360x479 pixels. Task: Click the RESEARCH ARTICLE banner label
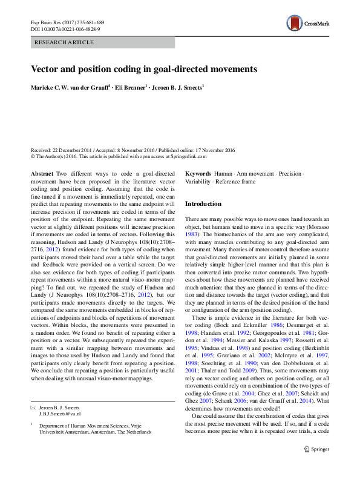65,42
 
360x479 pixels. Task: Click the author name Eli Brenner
131,88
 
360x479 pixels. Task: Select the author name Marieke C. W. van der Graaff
70,88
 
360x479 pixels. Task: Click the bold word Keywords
198,174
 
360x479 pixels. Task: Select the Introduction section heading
203,204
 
